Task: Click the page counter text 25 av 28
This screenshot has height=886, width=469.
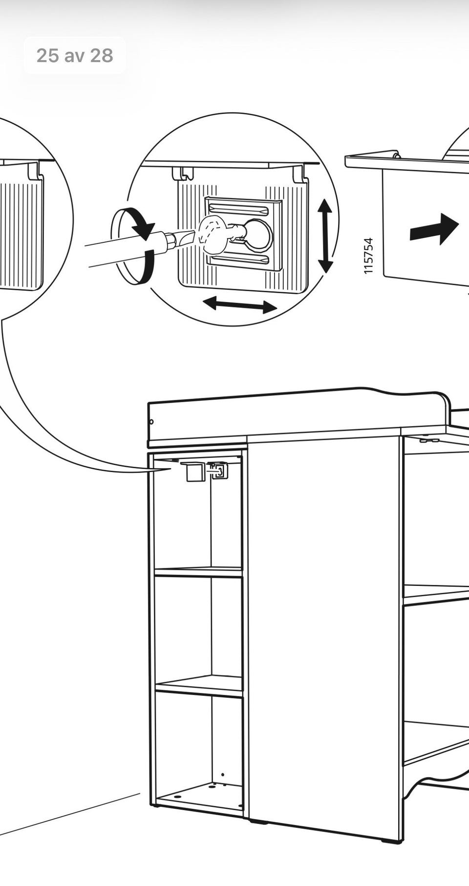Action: tap(75, 56)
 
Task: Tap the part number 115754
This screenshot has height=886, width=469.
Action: tap(369, 256)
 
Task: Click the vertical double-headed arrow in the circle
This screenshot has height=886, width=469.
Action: tap(325, 236)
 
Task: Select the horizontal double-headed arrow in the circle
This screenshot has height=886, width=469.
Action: tap(240, 305)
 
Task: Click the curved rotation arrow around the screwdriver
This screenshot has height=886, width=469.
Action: tap(134, 246)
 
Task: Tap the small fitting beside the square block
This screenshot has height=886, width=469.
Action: tap(218, 470)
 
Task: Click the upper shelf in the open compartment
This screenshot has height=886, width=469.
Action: tap(198, 571)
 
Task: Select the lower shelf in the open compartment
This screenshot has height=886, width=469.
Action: tap(199, 686)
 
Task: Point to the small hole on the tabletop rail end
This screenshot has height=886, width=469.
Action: tap(151, 421)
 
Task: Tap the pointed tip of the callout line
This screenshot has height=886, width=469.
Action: tap(171, 469)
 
